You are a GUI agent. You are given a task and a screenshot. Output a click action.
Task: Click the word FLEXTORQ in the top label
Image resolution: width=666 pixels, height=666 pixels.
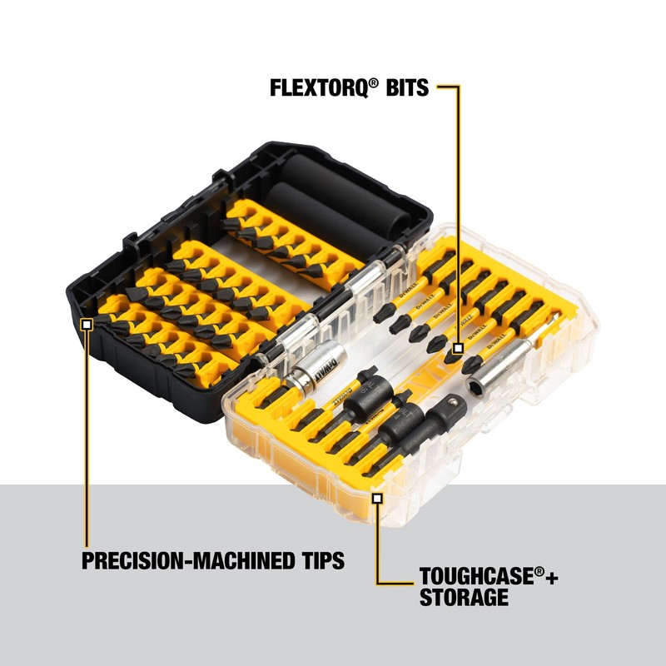point(317,87)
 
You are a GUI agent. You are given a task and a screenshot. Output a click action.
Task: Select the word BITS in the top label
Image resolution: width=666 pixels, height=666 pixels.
point(403,87)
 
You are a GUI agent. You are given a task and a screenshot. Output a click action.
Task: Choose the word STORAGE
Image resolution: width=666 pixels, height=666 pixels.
point(463,597)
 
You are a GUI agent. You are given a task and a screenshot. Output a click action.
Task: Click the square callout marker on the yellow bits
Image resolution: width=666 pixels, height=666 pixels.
point(458,348)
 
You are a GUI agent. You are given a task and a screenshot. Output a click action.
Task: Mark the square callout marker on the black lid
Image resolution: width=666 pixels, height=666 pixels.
point(86,323)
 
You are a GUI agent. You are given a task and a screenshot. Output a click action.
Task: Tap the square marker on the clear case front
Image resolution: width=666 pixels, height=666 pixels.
point(377,498)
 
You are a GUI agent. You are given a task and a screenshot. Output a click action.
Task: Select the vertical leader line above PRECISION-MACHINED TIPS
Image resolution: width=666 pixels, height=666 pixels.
point(86,433)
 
